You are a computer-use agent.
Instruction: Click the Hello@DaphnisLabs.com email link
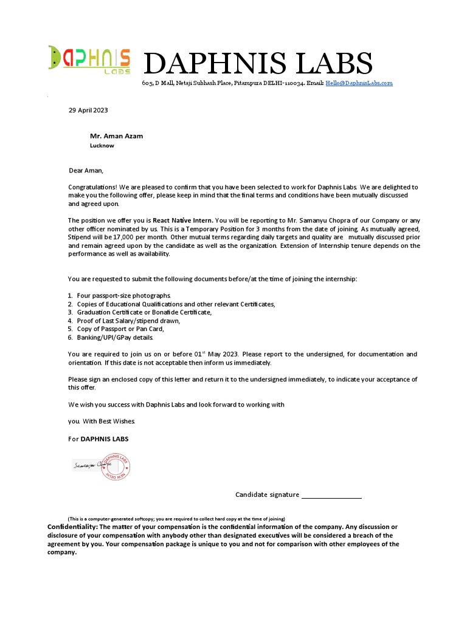359,83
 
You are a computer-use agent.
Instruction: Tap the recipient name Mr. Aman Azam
116,135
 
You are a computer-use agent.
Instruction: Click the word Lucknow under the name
102,146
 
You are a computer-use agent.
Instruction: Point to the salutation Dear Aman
86,171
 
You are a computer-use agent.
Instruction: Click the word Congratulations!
92,187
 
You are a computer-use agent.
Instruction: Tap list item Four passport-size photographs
120,295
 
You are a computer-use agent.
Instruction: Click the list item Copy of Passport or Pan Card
120,329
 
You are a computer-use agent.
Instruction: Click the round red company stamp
116,466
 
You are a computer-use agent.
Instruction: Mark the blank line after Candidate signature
331,496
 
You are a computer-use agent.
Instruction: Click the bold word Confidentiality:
72,527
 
